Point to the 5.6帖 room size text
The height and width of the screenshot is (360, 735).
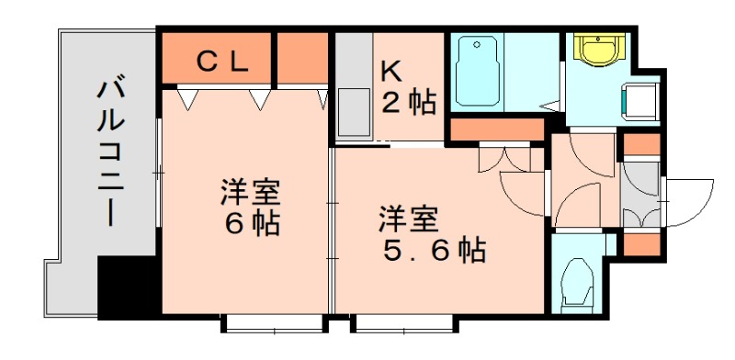[434, 249]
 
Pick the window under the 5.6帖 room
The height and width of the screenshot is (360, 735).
[402, 323]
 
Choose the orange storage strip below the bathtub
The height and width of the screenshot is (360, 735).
[496, 130]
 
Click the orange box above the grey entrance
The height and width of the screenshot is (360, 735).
[641, 144]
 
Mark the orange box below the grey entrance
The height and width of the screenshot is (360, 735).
[641, 244]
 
